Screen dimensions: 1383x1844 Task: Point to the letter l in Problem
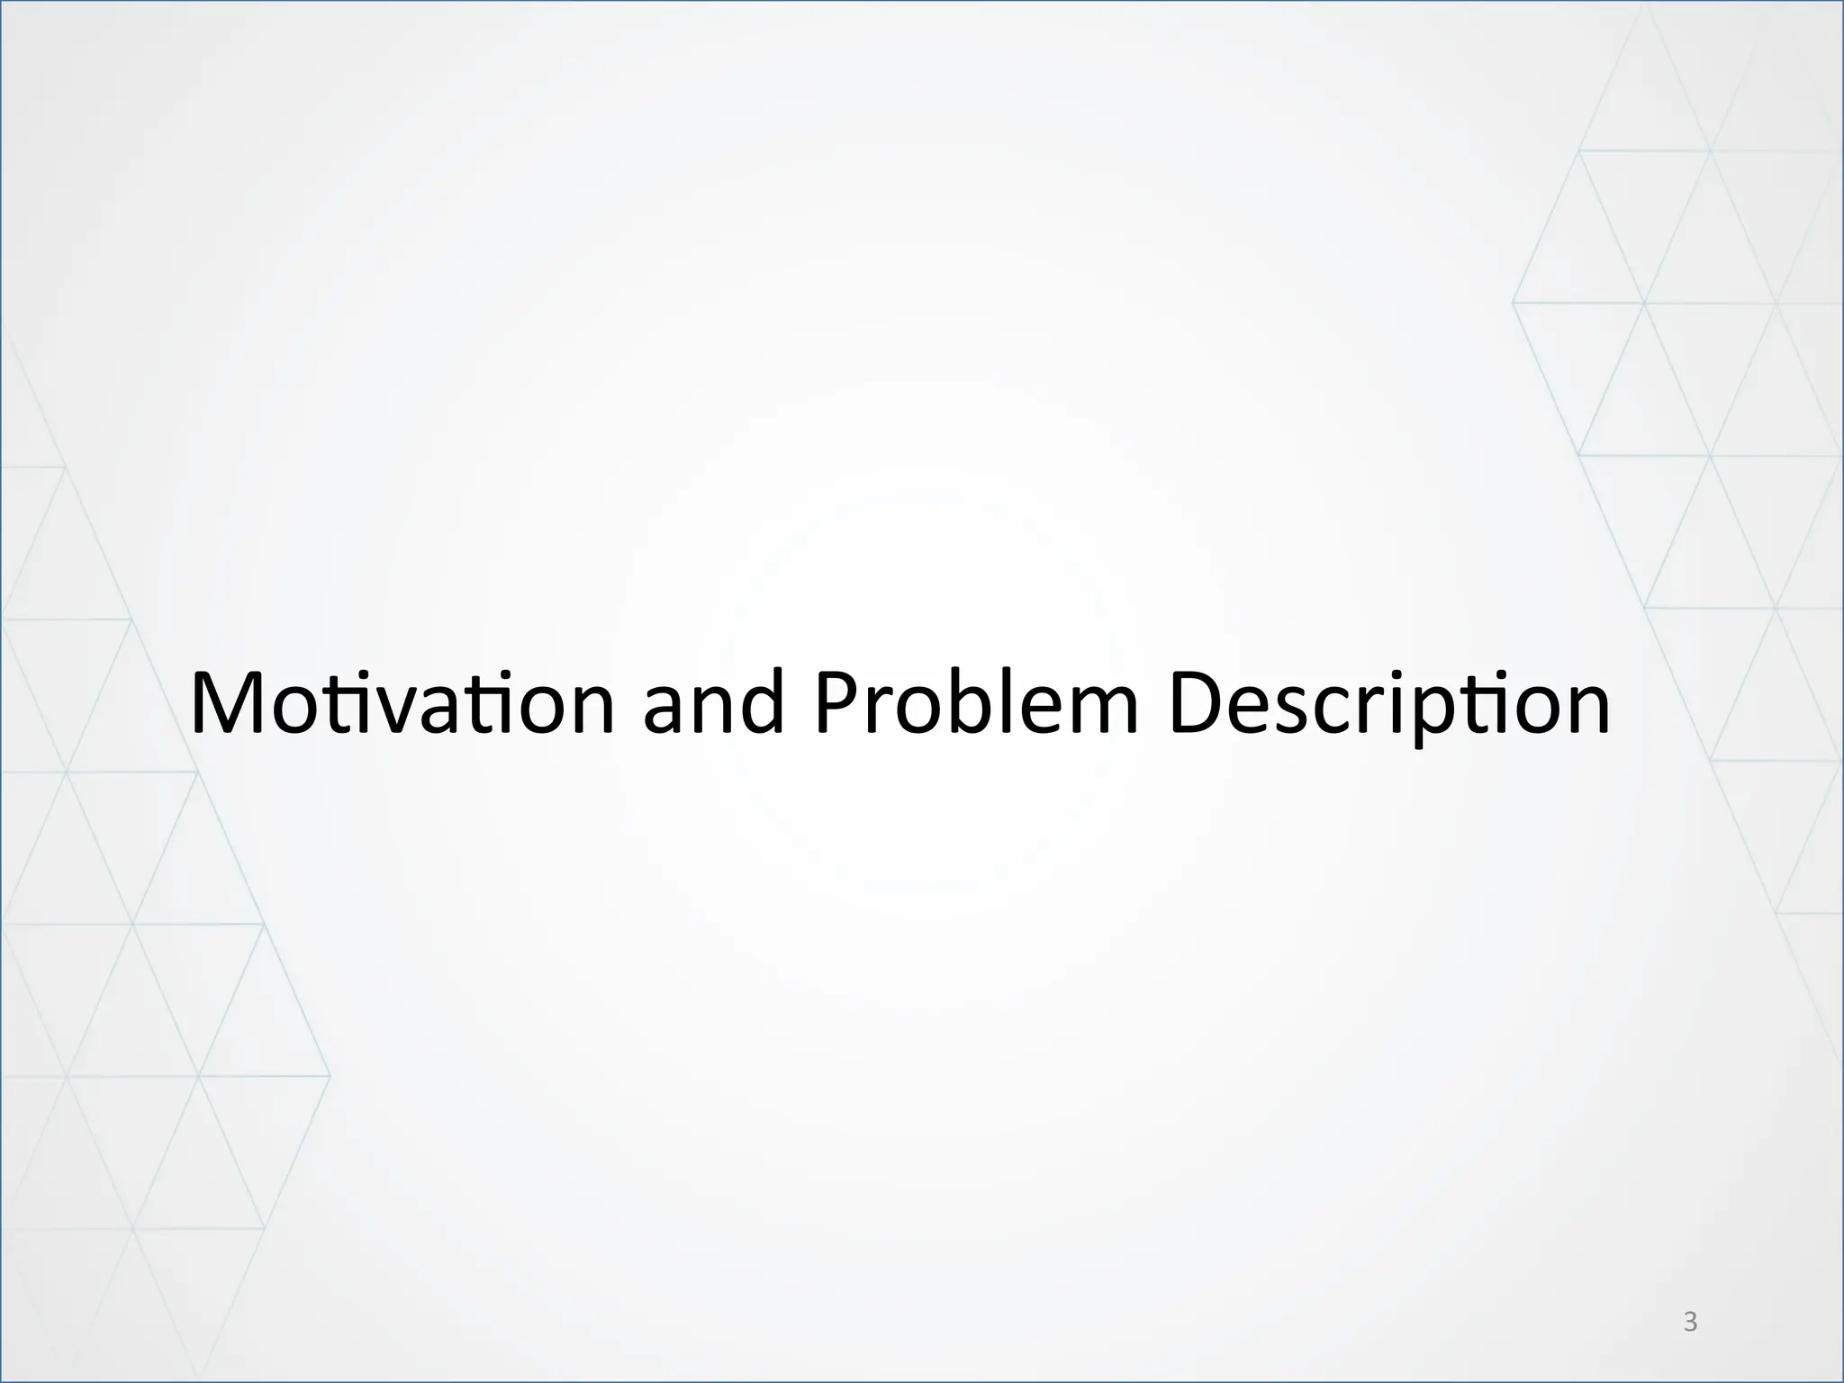[1011, 702]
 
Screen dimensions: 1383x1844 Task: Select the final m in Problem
[1100, 711]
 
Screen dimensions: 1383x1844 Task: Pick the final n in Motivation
[588, 711]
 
